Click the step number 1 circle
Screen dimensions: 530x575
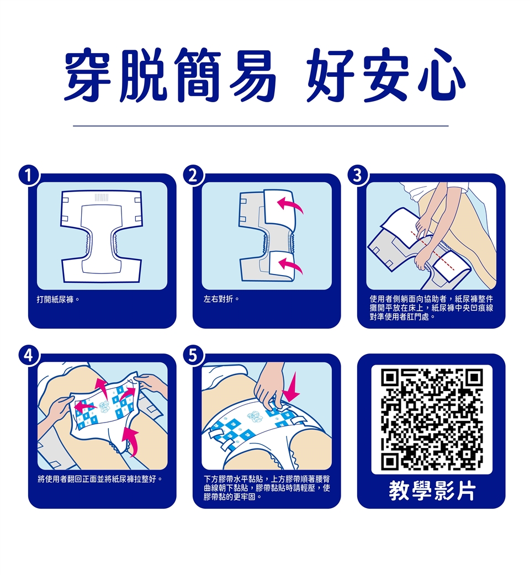click(29, 176)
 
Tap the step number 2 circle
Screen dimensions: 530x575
click(194, 176)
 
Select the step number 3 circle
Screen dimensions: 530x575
click(358, 176)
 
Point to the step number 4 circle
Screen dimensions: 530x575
click(29, 356)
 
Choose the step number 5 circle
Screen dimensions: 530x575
click(194, 356)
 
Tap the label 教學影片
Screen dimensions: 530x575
click(432, 490)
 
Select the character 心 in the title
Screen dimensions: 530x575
click(441, 75)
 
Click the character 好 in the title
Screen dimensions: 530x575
click(331, 75)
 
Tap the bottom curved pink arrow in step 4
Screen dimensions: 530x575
click(131, 441)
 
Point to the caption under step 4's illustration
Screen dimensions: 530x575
click(100, 479)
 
